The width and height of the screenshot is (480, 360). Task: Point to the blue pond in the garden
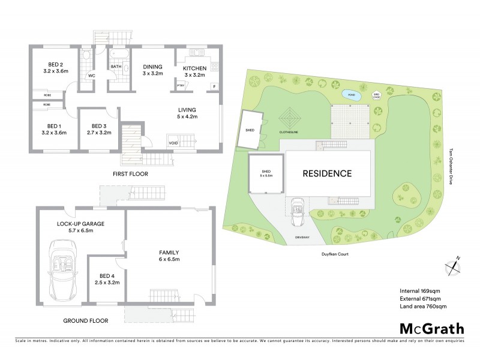coord(349,94)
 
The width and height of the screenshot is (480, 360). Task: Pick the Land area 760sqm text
coord(422,307)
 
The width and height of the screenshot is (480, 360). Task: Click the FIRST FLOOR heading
coord(130,174)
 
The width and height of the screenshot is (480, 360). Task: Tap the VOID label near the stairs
coord(173,143)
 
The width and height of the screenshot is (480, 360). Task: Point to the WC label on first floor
coord(92,76)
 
